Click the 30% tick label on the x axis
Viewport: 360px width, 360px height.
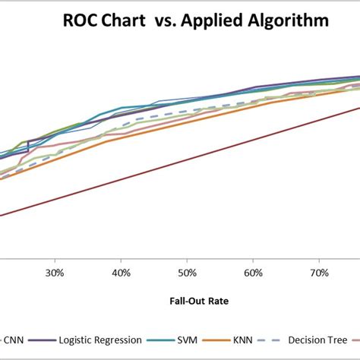point(54,272)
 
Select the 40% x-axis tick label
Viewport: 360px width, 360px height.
point(121,272)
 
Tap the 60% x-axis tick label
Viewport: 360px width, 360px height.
point(254,272)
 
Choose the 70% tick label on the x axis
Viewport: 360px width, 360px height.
point(320,272)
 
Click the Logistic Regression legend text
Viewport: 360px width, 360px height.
point(99,339)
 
